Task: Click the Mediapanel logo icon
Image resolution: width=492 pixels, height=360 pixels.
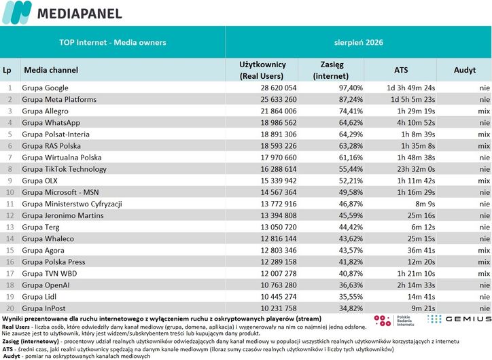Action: click(17, 12)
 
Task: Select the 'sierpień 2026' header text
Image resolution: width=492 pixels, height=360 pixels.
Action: click(358, 42)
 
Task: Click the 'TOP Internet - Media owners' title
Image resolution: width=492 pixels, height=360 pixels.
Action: click(113, 42)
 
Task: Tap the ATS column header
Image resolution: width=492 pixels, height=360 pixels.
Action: click(401, 69)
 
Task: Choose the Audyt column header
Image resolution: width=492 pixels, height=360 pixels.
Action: click(464, 69)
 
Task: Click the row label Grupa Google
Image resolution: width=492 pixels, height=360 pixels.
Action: click(45, 88)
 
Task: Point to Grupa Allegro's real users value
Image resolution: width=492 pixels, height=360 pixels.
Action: click(279, 111)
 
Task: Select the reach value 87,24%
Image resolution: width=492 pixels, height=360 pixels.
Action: click(351, 99)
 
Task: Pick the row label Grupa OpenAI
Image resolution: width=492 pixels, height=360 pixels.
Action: click(46, 285)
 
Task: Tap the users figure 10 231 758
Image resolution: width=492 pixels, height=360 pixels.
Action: click(279, 308)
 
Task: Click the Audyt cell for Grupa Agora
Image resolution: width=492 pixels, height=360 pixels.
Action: click(484, 250)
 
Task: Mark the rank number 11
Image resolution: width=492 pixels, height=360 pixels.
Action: click(10, 204)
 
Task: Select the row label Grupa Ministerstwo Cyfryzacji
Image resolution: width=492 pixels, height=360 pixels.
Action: click(72, 204)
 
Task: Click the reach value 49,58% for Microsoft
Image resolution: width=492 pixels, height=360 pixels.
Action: click(351, 192)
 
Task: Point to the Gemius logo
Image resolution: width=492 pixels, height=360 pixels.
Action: click(459, 319)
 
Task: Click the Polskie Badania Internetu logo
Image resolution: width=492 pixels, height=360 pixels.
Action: click(394, 321)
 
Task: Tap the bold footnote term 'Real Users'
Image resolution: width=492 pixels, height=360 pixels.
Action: click(16, 327)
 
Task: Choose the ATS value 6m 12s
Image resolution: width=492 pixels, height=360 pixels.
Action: click(423, 227)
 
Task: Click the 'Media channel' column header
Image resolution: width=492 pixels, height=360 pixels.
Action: click(51, 69)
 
